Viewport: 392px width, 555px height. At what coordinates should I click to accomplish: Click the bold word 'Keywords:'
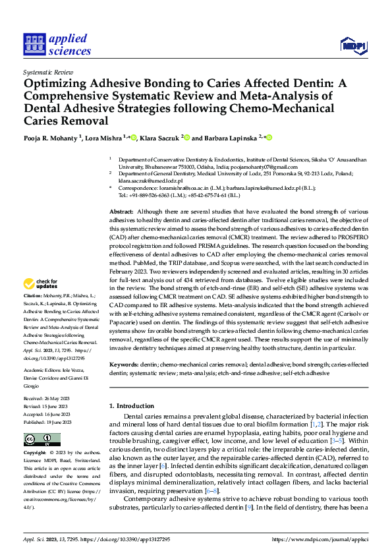click(x=126, y=364)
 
